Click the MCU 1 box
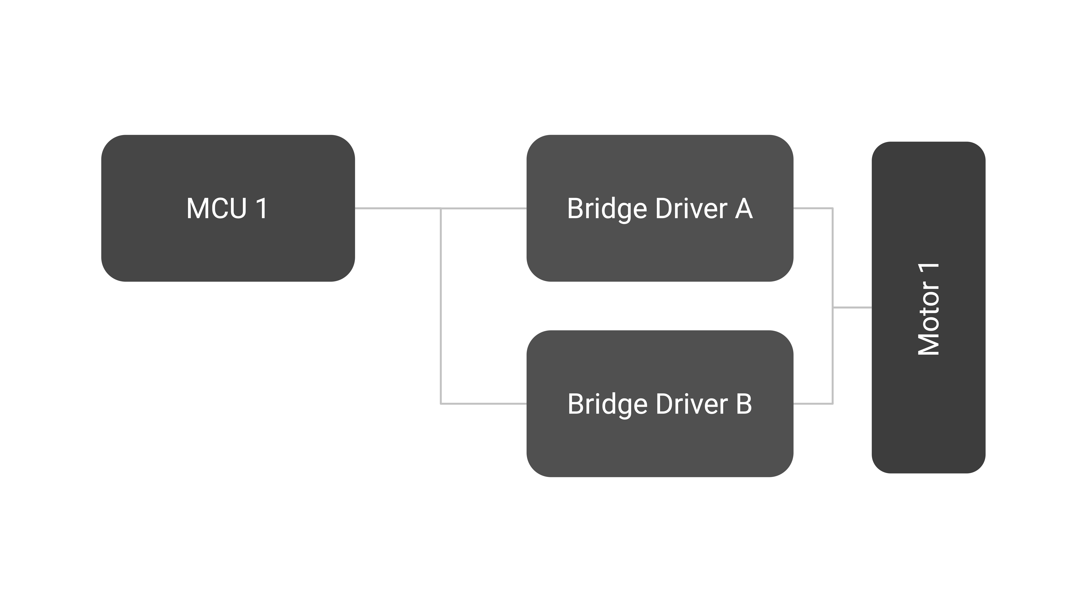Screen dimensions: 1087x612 pos(228,208)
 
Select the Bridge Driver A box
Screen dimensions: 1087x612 pos(660,208)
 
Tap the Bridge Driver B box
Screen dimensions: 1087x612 pos(660,404)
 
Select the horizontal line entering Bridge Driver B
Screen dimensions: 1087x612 pos(484,404)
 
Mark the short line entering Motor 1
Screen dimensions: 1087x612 pos(852,308)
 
